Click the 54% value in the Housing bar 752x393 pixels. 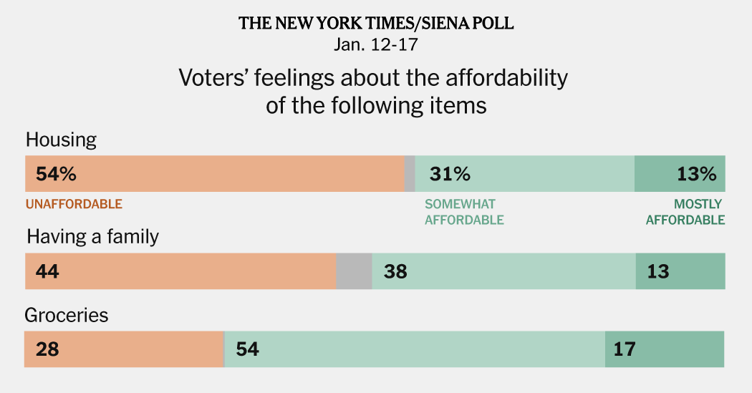pyautogui.click(x=51, y=174)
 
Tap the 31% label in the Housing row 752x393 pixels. pyautogui.click(x=450, y=174)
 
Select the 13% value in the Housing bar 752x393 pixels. pyautogui.click(x=696, y=174)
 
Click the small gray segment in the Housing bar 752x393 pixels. pyautogui.click(x=410, y=174)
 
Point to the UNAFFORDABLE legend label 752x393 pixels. pyautogui.click(x=74, y=204)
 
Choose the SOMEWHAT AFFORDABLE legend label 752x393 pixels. pyautogui.click(x=464, y=212)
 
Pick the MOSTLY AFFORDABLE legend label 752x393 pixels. pyautogui.click(x=685, y=212)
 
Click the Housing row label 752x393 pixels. pyautogui.click(x=61, y=140)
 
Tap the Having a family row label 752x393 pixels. pyautogui.click(x=92, y=237)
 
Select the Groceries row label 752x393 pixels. pyautogui.click(x=67, y=315)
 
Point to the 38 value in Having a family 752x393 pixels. pyautogui.click(x=395, y=271)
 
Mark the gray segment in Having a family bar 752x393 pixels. pyautogui.click(x=354, y=271)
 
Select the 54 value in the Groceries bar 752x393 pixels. pyautogui.click(x=247, y=349)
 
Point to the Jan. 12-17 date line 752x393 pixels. pyautogui.click(x=376, y=44)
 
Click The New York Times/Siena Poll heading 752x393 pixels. pyautogui.click(x=376, y=23)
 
